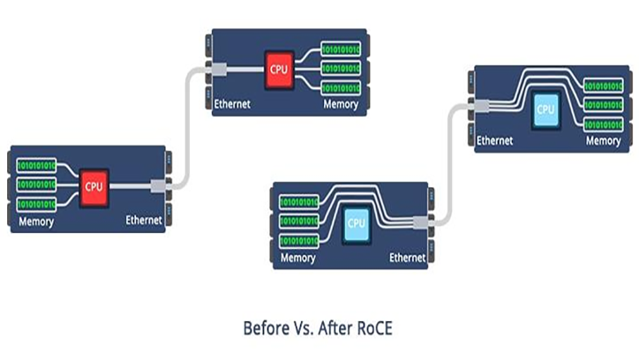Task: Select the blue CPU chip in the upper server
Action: [546, 109]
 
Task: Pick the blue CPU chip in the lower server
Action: [356, 222]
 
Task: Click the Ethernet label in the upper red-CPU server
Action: [233, 104]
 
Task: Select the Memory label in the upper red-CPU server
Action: [340, 104]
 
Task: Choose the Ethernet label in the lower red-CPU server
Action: [144, 221]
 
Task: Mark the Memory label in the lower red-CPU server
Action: [35, 221]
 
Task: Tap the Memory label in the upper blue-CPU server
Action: [604, 140]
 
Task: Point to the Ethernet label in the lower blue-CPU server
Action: [407, 259]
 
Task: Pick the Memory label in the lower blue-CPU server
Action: [298, 259]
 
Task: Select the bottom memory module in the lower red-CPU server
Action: [35, 205]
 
